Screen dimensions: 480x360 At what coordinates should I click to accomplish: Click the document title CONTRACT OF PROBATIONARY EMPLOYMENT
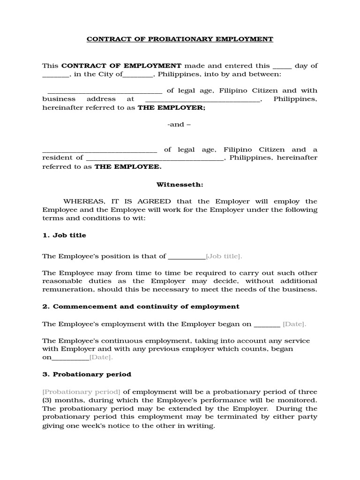180,39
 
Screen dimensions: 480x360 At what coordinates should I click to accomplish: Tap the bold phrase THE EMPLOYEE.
128,166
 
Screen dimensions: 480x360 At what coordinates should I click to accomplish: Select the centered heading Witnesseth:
180,185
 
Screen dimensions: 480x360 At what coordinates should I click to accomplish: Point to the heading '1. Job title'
64,235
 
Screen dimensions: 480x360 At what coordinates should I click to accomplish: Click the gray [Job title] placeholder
224,256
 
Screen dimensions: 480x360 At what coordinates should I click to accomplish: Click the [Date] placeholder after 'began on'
294,324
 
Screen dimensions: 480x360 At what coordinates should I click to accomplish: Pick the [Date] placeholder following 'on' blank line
101,358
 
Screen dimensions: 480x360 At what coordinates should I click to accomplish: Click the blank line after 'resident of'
155,158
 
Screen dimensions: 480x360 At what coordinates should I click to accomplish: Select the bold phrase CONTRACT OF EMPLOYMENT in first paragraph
121,66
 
